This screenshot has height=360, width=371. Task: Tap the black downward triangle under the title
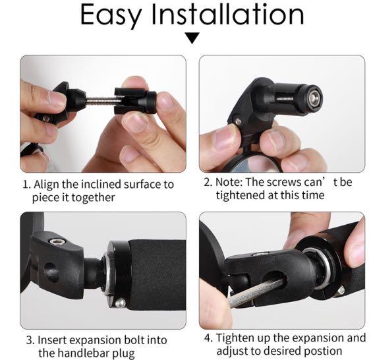[x=192, y=39]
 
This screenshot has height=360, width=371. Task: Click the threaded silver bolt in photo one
[x=99, y=100]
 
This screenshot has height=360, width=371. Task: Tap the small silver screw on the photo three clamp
[x=121, y=303]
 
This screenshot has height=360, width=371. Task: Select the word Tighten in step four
[x=235, y=338]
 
